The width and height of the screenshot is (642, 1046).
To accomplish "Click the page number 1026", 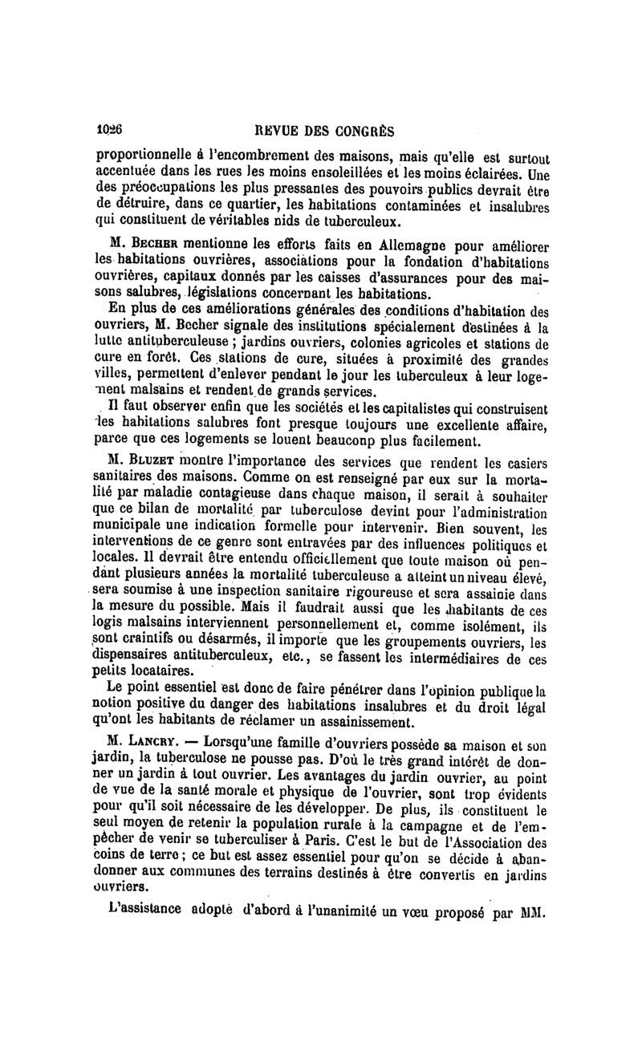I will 108,128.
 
